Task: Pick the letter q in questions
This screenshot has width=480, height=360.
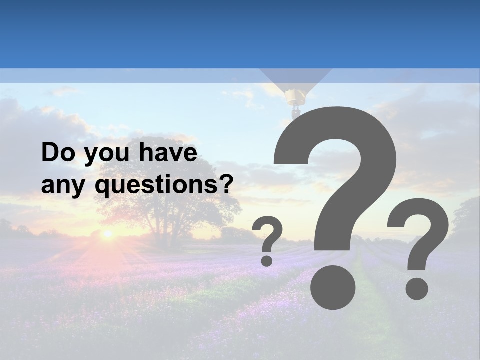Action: point(102,188)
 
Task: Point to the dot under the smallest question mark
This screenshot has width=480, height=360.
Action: point(267,260)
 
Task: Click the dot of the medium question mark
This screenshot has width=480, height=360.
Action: point(416,288)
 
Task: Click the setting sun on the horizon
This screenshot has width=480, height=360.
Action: point(107,233)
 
